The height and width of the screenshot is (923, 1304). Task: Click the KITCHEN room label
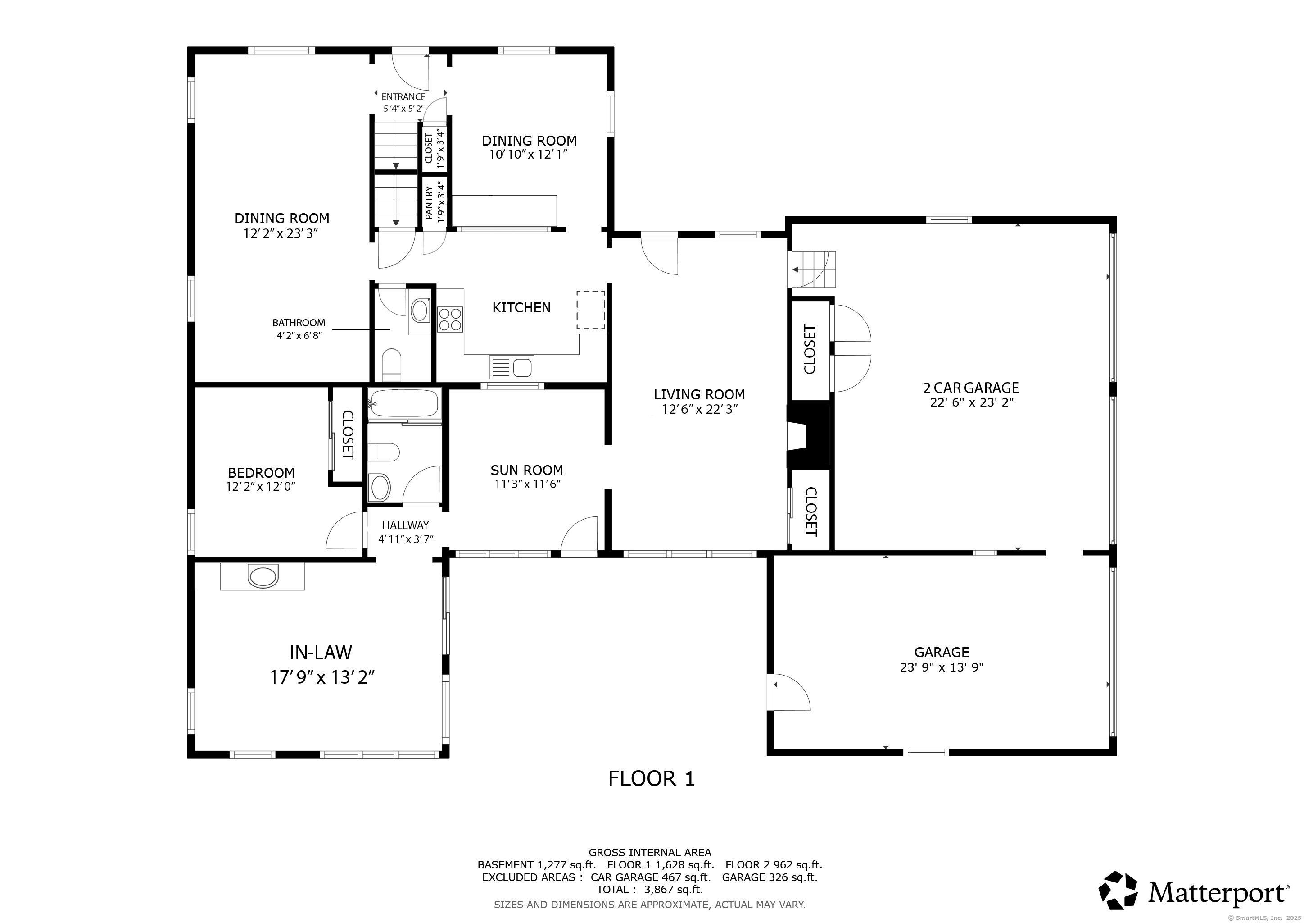[521, 307]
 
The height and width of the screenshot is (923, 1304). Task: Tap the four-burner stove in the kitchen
[450, 319]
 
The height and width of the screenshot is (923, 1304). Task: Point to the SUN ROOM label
[526, 470]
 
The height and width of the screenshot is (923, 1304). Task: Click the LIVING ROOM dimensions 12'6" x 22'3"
[699, 409]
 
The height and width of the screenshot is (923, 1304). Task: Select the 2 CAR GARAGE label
[971, 388]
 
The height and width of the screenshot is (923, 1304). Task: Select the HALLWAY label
[405, 525]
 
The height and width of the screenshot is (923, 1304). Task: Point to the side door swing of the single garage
[790, 693]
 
